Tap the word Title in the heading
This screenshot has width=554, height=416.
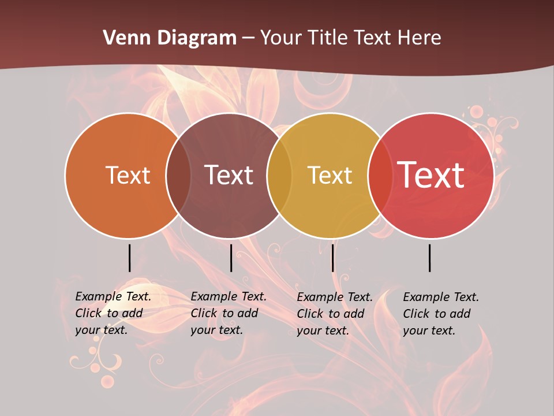click(x=327, y=38)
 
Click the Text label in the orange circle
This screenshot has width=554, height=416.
click(x=128, y=175)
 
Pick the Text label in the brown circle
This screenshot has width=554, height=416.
click(x=229, y=175)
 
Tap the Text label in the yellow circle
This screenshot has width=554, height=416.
click(x=330, y=175)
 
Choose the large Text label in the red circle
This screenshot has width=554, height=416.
click(x=431, y=175)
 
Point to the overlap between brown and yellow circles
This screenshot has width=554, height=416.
click(x=279, y=176)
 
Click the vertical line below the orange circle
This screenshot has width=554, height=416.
click(x=129, y=258)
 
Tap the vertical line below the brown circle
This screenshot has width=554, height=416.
click(x=231, y=258)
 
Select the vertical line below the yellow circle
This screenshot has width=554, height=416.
click(x=332, y=258)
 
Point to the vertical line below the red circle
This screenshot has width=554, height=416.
click(x=430, y=258)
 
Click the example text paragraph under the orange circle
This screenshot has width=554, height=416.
click(x=113, y=313)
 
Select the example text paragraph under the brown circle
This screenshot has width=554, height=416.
click(x=228, y=313)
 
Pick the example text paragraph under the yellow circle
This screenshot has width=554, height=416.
click(x=334, y=314)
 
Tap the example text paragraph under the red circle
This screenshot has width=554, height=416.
click(x=440, y=314)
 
